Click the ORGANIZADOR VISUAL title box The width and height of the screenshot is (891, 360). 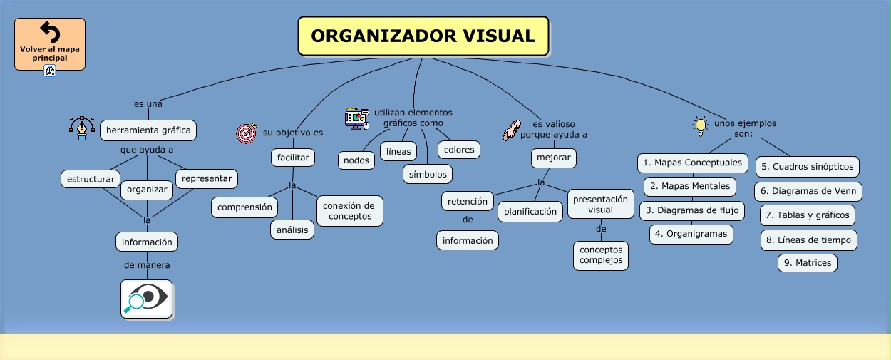pyautogui.click(x=423, y=36)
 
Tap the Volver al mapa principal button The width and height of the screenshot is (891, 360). pyautogui.click(x=50, y=44)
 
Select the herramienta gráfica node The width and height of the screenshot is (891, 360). pyautogui.click(x=148, y=130)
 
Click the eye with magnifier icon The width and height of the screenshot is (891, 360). pyautogui.click(x=146, y=299)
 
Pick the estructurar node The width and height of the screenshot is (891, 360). pyautogui.click(x=91, y=179)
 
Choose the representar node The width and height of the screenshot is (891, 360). pyautogui.click(x=207, y=178)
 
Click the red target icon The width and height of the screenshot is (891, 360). pyautogui.click(x=247, y=133)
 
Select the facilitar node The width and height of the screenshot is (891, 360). pyautogui.click(x=293, y=157)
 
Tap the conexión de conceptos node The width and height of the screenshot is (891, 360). pyautogui.click(x=349, y=211)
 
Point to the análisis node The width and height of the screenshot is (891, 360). pyautogui.click(x=292, y=230)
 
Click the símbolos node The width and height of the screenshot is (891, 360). pyautogui.click(x=428, y=174)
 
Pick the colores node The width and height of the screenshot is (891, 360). pyautogui.click(x=459, y=150)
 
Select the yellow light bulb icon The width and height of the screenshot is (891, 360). pyautogui.click(x=700, y=126)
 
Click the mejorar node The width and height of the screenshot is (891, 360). pyautogui.click(x=553, y=157)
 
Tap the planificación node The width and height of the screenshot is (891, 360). pyautogui.click(x=530, y=211)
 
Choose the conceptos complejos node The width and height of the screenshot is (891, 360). pyautogui.click(x=601, y=255)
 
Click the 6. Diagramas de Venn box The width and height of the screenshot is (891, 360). pyautogui.click(x=808, y=191)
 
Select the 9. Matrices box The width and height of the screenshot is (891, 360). pyautogui.click(x=808, y=263)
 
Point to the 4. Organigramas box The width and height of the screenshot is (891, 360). pyautogui.click(x=691, y=234)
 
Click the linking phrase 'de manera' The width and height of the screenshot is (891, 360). pyautogui.click(x=147, y=265)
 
